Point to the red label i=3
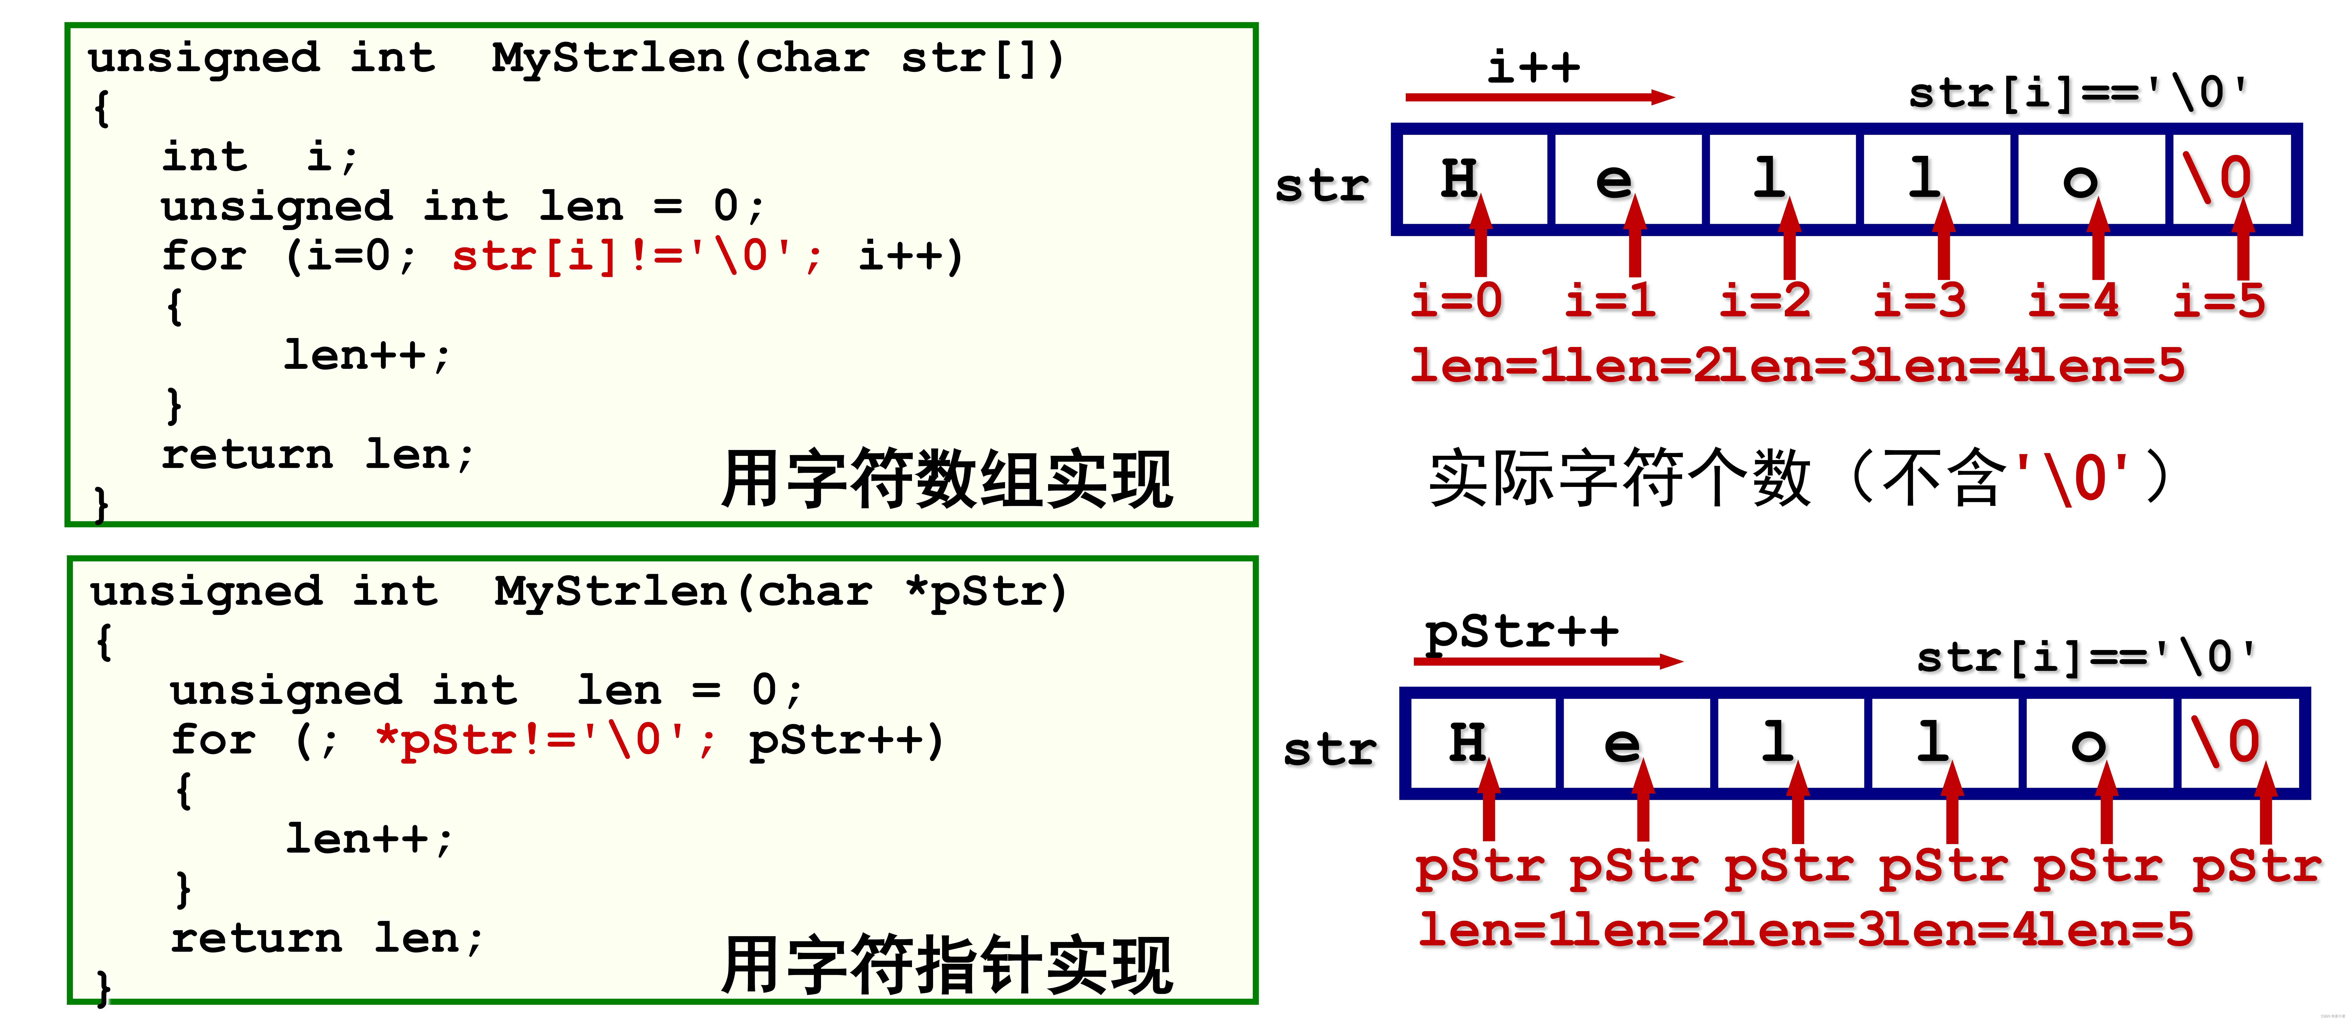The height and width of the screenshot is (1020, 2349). (1920, 301)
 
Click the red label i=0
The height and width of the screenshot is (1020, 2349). (1456, 301)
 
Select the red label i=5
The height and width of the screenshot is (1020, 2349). (2219, 301)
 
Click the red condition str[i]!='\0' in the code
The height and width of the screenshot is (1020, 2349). (637, 256)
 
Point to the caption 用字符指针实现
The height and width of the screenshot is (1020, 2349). (946, 964)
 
